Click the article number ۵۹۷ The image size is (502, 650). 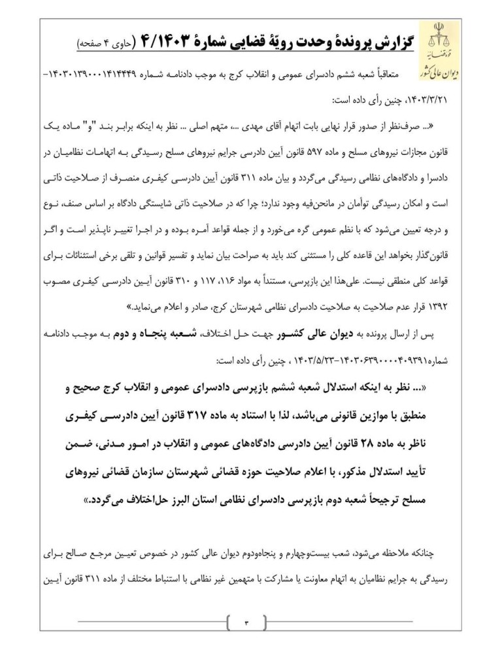[x=281, y=150]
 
